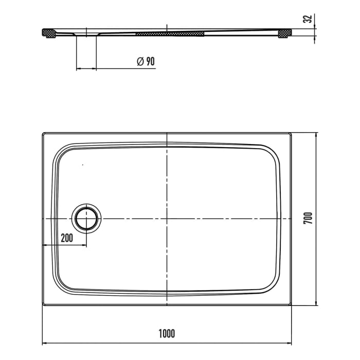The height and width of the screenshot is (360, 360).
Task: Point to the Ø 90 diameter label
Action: point(146,61)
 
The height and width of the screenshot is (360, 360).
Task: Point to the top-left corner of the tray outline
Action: point(42,133)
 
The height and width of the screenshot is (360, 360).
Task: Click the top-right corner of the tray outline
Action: point(292,133)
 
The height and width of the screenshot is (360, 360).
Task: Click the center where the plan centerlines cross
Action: point(167,219)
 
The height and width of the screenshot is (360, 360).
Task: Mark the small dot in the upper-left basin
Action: point(82,165)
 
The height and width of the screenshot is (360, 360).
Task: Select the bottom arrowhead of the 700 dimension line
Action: point(316,304)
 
